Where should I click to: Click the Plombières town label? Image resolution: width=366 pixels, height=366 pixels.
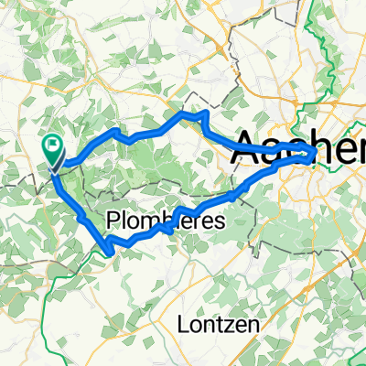166,220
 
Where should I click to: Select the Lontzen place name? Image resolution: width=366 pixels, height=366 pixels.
221,325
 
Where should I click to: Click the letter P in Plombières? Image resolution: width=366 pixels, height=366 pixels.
113,220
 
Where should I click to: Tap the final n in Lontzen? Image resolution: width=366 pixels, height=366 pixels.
256,325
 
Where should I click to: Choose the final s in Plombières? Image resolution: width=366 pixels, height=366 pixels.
219,220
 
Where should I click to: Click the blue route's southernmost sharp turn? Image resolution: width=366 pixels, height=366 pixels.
109,249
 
